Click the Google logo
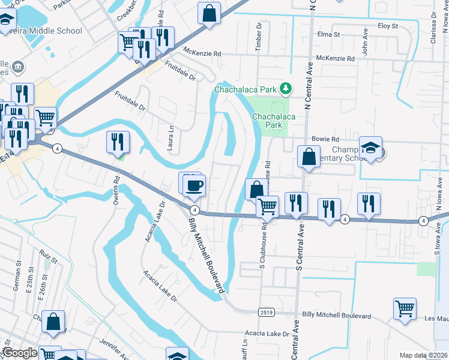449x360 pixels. point(19,353)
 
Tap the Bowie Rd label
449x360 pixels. point(328,139)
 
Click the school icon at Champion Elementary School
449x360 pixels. point(371,148)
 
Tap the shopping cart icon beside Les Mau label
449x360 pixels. point(405,309)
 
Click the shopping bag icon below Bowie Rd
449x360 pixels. point(308,157)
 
